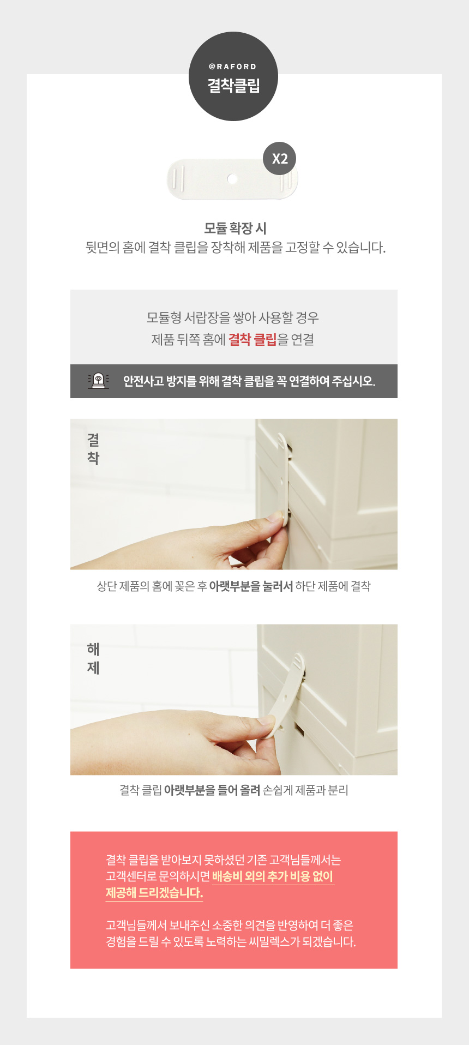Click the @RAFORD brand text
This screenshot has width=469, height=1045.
pos(233,67)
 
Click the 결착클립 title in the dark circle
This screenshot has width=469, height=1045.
pos(233,86)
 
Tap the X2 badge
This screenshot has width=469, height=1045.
pos(280,159)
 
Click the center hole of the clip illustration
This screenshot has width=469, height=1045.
pos(232,179)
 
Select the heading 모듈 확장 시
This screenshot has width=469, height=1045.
pos(236,229)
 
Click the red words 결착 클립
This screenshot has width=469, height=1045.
pos(252,339)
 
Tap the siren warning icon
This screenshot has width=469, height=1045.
pos(99,381)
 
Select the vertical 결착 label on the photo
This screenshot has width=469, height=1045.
pos(93,449)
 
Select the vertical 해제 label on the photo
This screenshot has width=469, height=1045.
pos(93,658)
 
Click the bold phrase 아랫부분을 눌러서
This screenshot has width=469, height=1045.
pos(251,586)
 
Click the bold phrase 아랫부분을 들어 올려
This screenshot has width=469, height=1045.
pos(212,790)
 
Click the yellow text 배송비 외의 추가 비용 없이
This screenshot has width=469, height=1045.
pos(273,876)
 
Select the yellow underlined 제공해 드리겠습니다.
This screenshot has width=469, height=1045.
pos(154,893)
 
